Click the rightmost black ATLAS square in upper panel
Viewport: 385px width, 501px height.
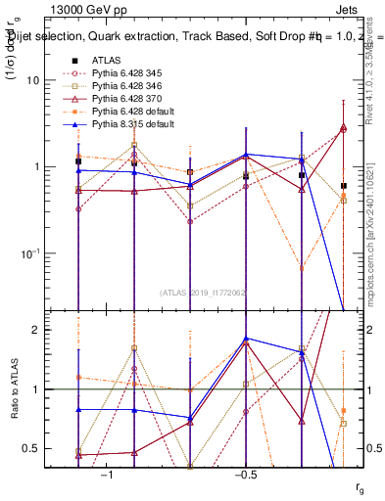(343, 185)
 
